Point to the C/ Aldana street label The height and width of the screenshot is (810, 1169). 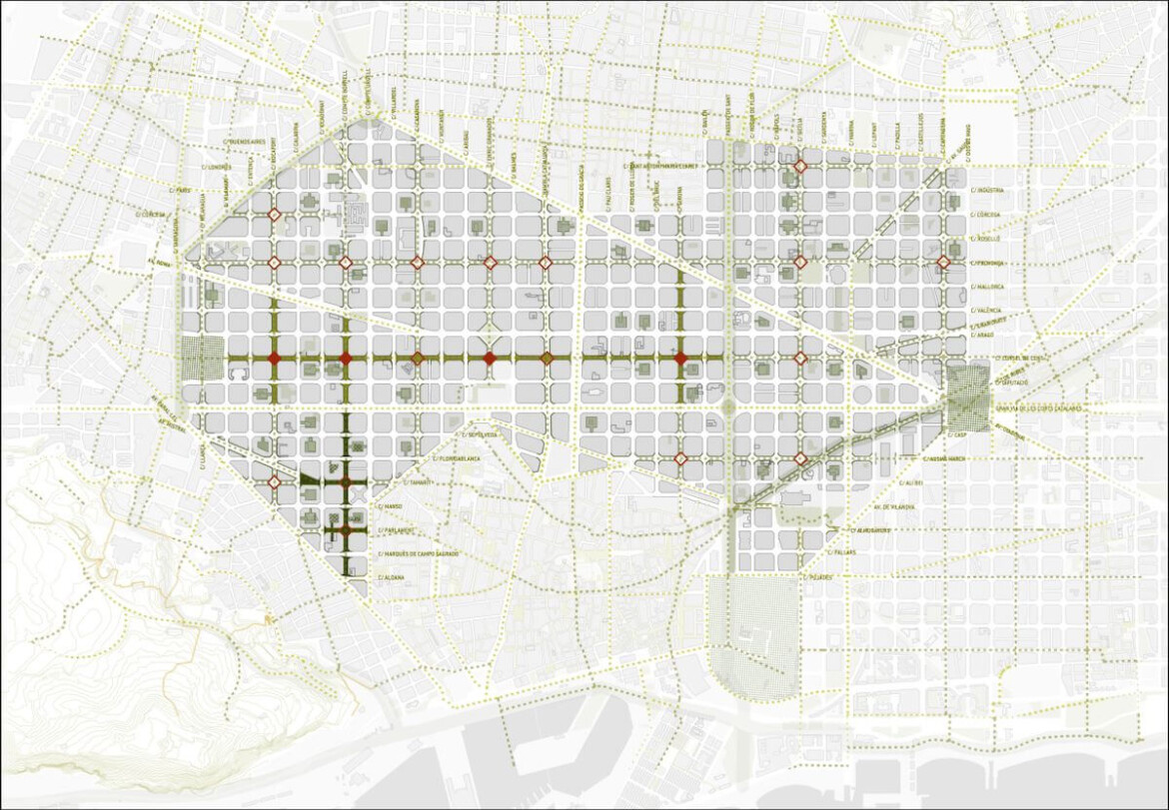391,577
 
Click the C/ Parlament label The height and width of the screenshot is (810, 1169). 399,529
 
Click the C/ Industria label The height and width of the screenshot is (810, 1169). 989,189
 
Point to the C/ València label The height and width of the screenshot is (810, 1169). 989,311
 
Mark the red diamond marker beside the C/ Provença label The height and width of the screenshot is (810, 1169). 943,263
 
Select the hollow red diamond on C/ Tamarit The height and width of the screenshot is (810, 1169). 274,482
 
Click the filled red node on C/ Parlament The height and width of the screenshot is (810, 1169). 346,529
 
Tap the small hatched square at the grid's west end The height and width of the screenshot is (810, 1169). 205,359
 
